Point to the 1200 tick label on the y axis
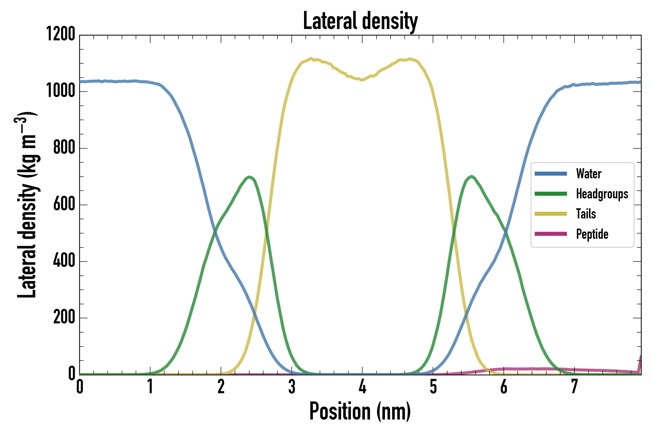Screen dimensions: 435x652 point(61,34)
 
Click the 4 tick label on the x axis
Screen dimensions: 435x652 point(362,387)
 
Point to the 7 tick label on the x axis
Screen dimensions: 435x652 point(574,387)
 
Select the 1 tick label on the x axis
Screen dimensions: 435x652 point(150,387)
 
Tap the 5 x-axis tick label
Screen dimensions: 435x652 point(433,387)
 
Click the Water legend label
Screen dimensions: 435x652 point(588,174)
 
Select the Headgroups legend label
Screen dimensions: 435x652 point(602,194)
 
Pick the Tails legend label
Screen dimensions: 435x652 point(586,214)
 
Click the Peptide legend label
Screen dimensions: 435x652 point(592,234)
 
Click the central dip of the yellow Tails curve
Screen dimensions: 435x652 point(361,80)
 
